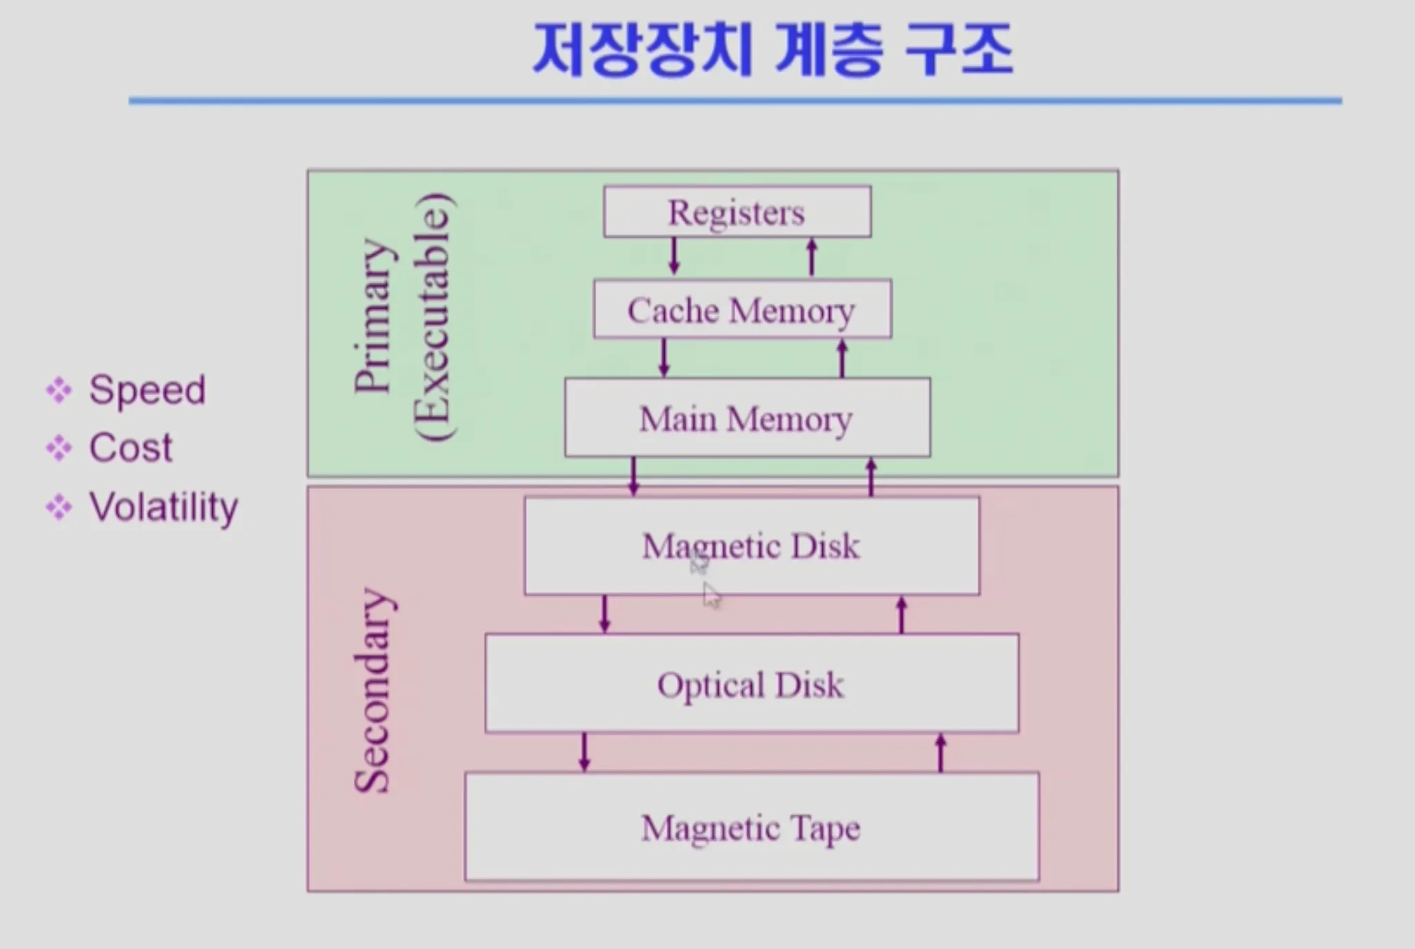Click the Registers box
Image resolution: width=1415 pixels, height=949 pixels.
(737, 211)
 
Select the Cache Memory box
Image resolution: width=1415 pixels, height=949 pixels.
(743, 309)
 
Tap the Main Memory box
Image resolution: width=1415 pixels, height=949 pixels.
(748, 417)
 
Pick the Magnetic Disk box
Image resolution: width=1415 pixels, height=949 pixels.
(752, 546)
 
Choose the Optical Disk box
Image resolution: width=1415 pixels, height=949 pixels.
(752, 683)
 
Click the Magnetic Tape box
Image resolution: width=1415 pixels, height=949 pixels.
(752, 827)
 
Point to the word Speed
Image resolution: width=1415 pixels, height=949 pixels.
(147, 390)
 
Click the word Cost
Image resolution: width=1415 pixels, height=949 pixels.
(131, 448)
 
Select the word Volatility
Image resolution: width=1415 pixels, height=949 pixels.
(164, 508)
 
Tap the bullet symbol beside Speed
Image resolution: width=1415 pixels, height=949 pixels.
(59, 390)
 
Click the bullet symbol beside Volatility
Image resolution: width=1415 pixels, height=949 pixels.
(59, 508)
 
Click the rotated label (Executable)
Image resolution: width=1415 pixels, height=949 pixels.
(434, 317)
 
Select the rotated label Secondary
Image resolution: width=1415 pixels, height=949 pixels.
(374, 691)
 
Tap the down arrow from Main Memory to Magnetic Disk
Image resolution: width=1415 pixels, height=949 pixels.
(634, 477)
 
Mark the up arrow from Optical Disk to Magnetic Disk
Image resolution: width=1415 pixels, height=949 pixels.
(901, 615)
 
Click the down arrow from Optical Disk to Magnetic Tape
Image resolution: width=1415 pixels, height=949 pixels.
(585, 752)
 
